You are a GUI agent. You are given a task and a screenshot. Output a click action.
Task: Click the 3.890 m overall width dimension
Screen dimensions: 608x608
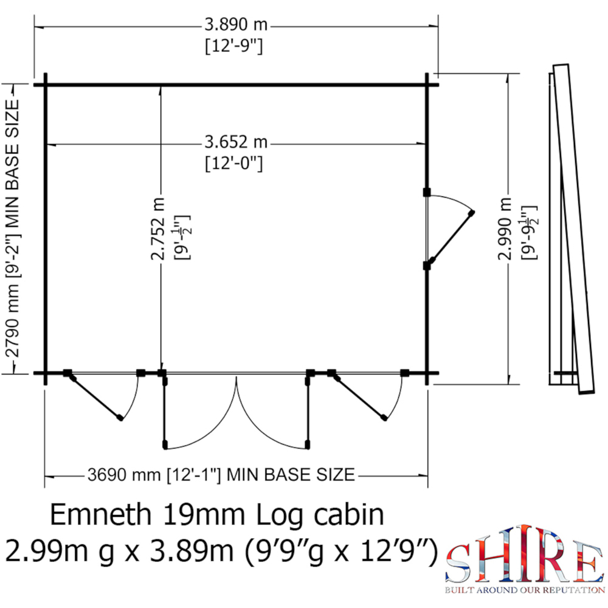pos(236,26)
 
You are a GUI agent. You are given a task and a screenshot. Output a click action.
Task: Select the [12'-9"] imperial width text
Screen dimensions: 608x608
pos(236,46)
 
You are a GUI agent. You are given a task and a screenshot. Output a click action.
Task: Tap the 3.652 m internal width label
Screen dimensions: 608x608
pos(236,143)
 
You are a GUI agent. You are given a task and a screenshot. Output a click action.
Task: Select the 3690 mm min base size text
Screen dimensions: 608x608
pos(221,474)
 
